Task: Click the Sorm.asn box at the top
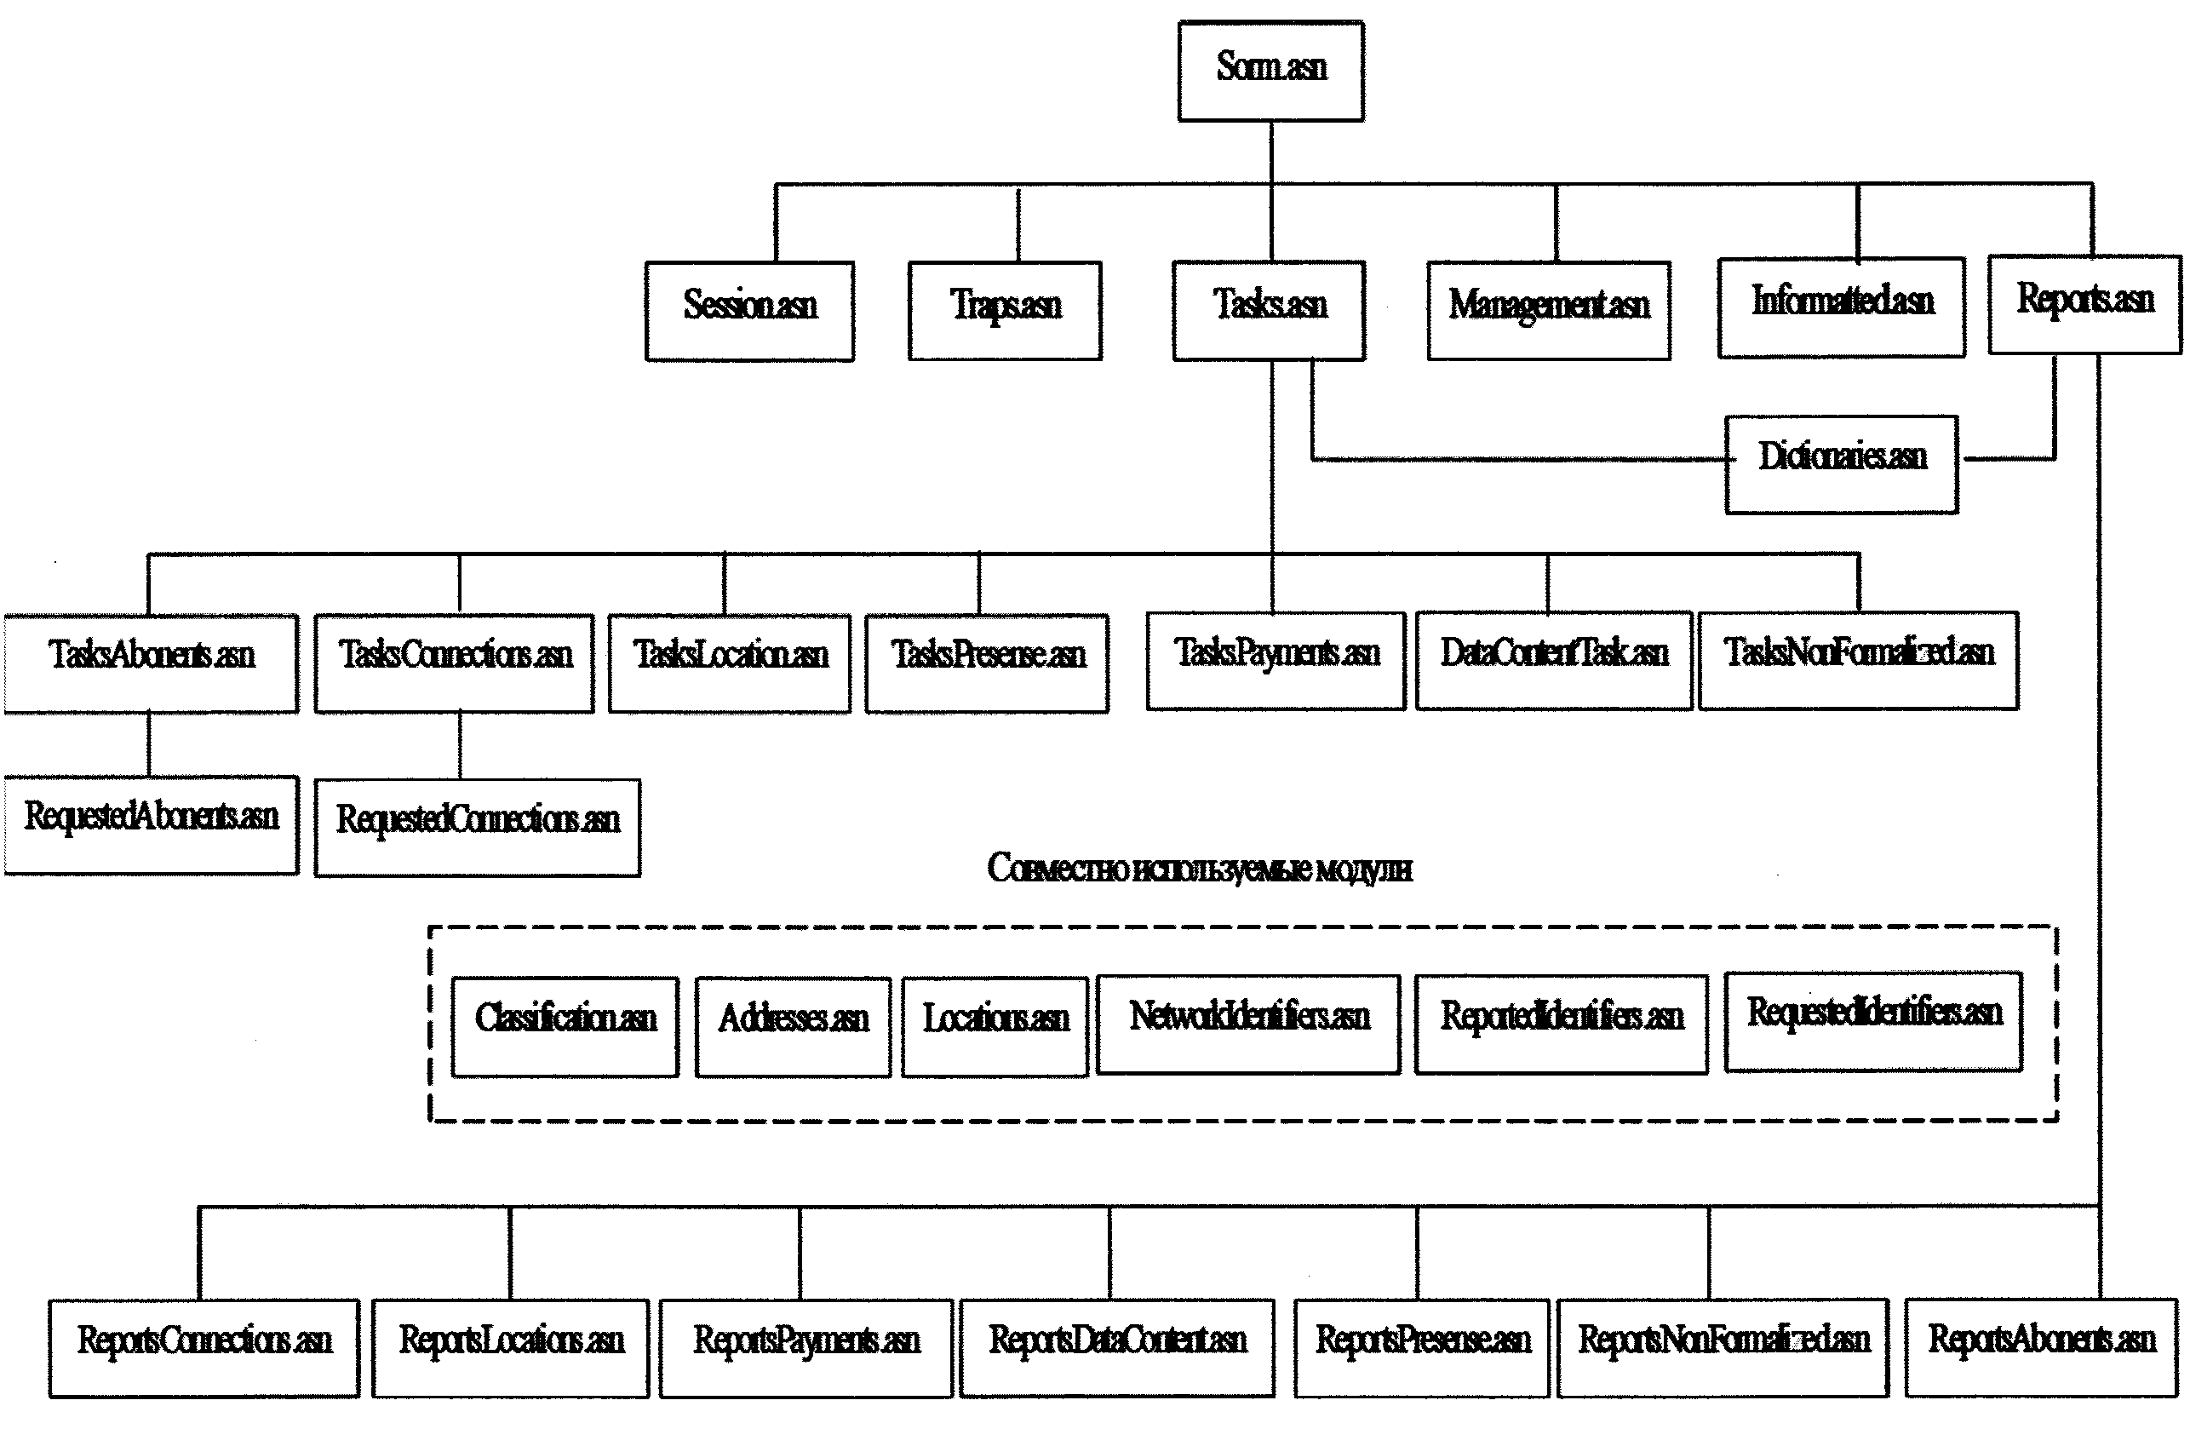pyautogui.click(x=1270, y=71)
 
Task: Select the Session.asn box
pyautogui.click(x=749, y=310)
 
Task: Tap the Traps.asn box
pyautogui.click(x=1005, y=310)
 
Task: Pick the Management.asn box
pyautogui.click(x=1549, y=310)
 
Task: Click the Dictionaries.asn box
pyautogui.click(x=1841, y=464)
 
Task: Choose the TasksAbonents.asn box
pyautogui.click(x=151, y=663)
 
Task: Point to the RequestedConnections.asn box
pyautogui.click(x=477, y=826)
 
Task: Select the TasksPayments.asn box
pyautogui.click(x=1276, y=660)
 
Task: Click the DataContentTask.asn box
pyautogui.click(x=1553, y=660)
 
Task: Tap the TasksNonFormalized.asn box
pyautogui.click(x=1858, y=660)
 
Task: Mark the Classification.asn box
pyautogui.click(x=565, y=1026)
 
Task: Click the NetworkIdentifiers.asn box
pyautogui.click(x=1247, y=1024)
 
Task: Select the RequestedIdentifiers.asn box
pyautogui.click(x=1872, y=1020)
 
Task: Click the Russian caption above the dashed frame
pyautogui.click(x=1199, y=868)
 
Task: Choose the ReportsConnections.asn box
pyautogui.click(x=204, y=1347)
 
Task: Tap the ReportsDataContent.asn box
pyautogui.click(x=1117, y=1347)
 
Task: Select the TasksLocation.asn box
pyautogui.click(x=729, y=663)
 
